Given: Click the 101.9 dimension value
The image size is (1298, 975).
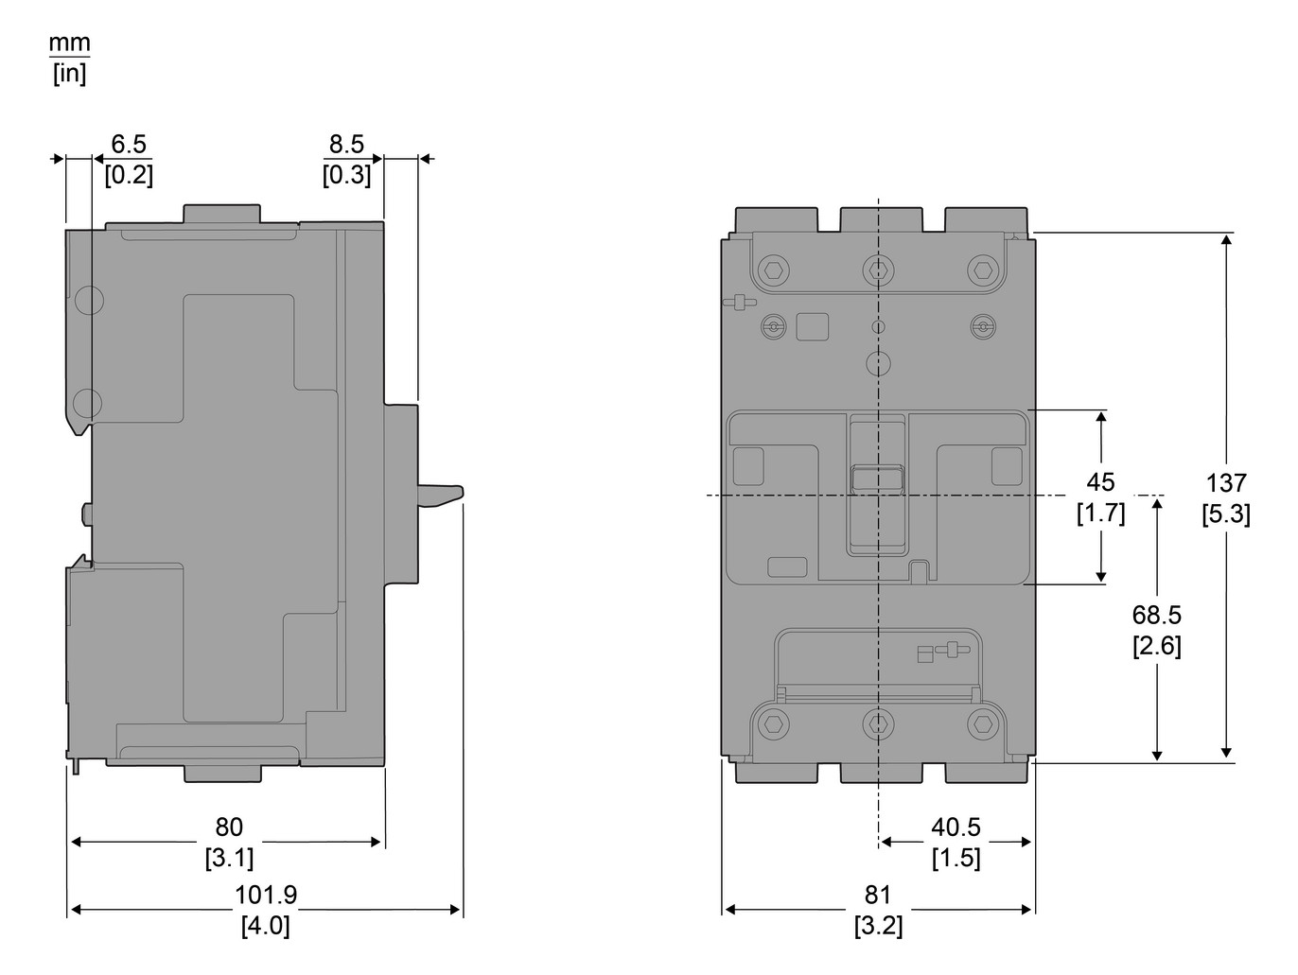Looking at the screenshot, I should point(265,895).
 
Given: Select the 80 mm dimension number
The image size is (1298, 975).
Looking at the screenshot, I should point(229,827).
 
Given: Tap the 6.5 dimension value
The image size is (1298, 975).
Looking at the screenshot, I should point(129,145).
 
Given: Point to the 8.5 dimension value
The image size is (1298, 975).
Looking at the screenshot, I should point(346,145).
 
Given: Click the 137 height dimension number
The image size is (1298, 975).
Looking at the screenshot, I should point(1226,483).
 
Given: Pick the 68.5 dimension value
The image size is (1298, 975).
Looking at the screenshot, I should point(1156,616).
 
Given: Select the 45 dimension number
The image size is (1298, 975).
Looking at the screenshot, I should point(1100,482).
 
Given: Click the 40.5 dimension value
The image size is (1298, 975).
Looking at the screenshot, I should point(956,827).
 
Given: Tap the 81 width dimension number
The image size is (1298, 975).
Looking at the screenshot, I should point(878,895).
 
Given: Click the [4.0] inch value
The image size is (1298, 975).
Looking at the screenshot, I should point(265,925).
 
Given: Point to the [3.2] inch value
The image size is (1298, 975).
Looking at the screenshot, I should point(878,925).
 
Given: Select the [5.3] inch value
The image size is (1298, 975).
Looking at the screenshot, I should point(1226,514).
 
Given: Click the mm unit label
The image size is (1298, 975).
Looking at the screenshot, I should point(70,44).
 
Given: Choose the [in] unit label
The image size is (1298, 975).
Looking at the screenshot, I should point(70,74).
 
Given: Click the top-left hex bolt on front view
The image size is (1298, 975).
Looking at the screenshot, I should point(774,271).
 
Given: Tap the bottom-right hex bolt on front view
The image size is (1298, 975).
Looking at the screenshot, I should point(984,724).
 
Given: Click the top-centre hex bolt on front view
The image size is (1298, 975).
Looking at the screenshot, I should point(879,271).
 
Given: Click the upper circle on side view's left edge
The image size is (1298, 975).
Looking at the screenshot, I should point(87,300).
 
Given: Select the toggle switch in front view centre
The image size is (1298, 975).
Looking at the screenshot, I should point(879,479).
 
